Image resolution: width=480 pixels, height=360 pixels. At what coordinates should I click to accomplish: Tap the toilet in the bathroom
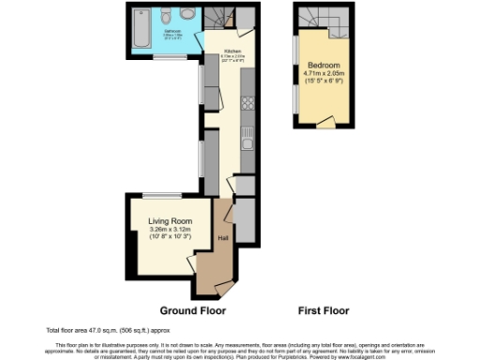[x=166, y=16]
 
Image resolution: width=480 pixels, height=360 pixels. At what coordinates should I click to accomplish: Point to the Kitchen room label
[x=233, y=52]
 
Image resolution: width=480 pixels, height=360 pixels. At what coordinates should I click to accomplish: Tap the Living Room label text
[x=170, y=221]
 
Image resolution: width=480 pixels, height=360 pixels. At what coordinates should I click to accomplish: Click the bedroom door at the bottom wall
[x=325, y=121]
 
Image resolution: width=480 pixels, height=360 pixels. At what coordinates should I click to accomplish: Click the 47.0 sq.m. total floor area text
[x=94, y=330]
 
